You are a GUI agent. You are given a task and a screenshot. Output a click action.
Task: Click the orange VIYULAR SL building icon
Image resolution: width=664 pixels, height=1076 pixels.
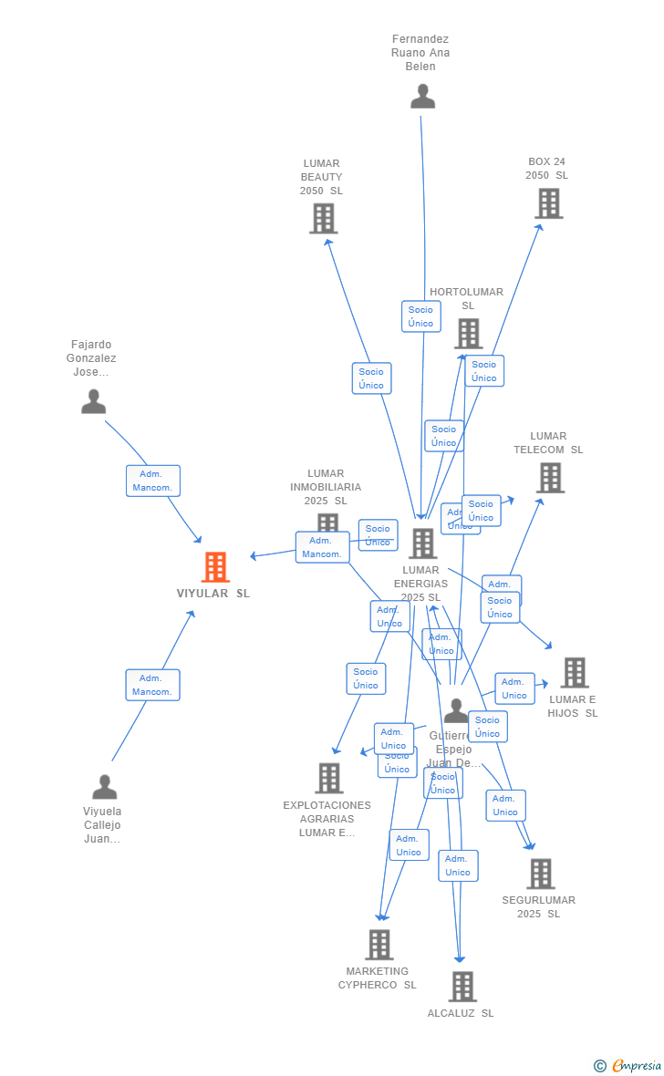point(215,567)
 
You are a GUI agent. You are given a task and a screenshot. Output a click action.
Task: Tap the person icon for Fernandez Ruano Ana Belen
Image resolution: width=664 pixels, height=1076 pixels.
point(422,96)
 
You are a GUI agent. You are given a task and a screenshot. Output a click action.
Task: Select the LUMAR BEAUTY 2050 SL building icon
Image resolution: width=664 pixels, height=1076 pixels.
point(323,219)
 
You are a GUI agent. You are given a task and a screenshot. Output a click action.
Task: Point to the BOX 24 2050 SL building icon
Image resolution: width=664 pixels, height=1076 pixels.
point(548,203)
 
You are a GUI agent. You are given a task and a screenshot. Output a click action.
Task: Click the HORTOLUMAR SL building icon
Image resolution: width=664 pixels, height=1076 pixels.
point(468,334)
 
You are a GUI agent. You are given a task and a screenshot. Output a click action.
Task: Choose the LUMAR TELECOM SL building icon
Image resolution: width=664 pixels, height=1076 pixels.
point(549,478)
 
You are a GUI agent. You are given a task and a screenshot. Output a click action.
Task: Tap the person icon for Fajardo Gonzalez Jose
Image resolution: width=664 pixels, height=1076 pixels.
point(93,401)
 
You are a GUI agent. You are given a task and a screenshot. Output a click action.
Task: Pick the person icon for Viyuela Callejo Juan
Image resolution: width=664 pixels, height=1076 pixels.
point(104,786)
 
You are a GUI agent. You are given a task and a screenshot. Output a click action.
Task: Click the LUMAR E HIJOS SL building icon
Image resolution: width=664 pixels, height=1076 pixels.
point(574,673)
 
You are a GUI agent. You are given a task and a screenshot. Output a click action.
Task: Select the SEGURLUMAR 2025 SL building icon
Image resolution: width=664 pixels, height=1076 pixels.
point(540,874)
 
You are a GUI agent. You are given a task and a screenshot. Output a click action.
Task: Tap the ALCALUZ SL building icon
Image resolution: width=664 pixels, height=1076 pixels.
point(462,987)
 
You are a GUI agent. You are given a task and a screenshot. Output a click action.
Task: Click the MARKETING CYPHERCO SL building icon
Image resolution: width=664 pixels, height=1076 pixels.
point(379,945)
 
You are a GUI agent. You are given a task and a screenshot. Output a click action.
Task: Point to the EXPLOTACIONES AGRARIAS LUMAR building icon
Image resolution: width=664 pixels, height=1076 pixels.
point(328,778)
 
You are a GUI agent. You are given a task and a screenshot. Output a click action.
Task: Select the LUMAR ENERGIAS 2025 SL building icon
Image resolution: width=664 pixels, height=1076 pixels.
point(422,543)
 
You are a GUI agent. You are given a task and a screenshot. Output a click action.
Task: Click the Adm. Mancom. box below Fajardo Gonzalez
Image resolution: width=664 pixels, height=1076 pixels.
point(153,481)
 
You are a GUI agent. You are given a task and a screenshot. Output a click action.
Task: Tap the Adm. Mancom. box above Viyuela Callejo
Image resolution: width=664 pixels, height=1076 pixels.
point(152,685)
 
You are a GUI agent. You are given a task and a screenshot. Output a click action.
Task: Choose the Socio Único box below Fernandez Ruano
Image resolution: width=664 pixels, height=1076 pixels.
point(420,316)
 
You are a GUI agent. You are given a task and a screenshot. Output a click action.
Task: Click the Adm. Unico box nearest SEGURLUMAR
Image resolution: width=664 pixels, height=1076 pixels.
point(505,805)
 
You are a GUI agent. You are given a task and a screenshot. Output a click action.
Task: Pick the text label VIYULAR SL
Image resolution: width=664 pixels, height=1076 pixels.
point(213,594)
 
